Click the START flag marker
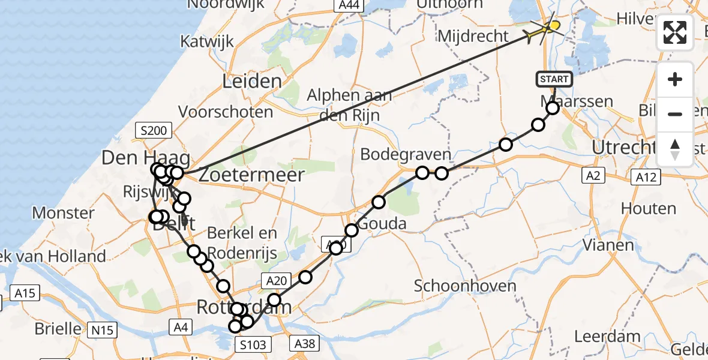coord(554,79)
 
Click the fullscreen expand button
coord(675,32)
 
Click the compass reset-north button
coord(675,149)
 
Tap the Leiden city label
coord(252,82)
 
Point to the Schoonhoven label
coord(465,286)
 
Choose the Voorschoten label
coord(226,112)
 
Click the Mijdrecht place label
coord(473,36)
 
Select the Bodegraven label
coord(405,154)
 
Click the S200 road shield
coord(154,130)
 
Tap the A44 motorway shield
coord(349,5)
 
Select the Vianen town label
coord(609,245)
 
